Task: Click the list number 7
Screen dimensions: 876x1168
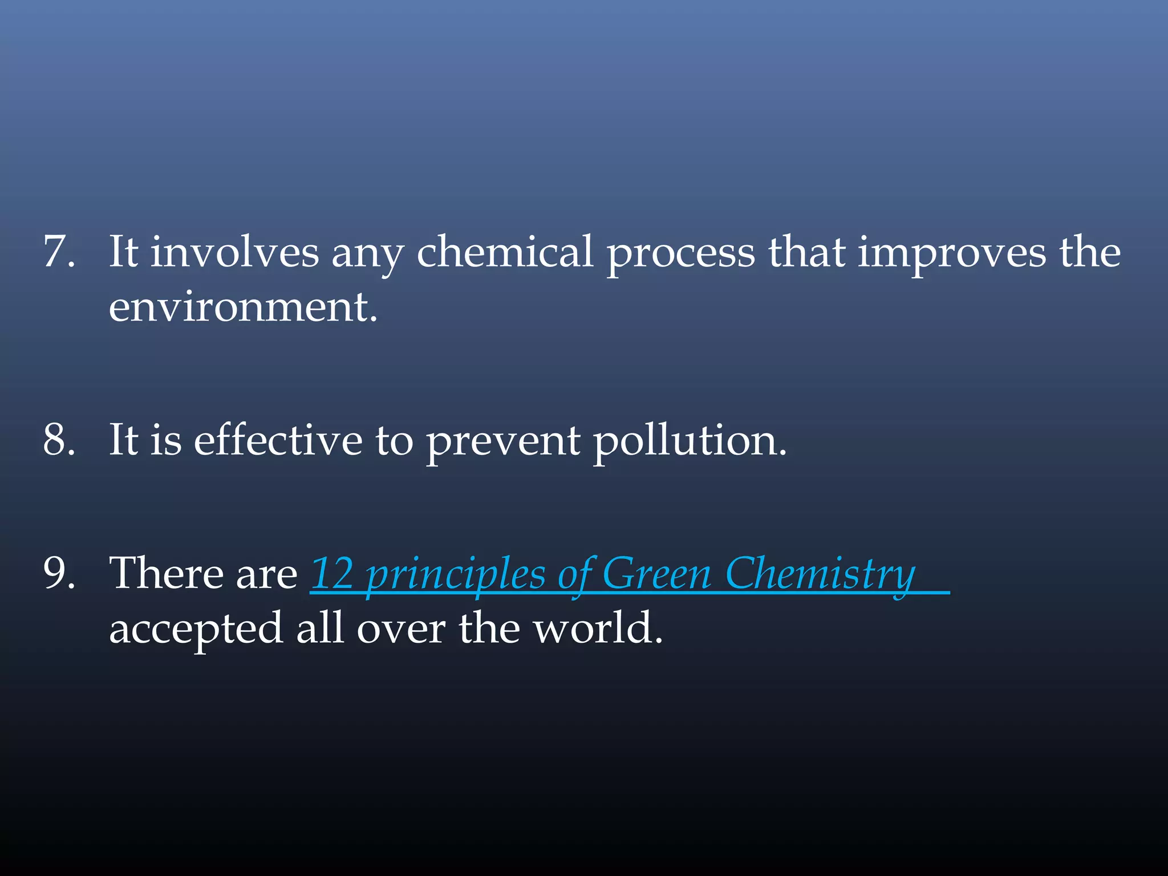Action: point(59,252)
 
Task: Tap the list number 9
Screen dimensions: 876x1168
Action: point(59,573)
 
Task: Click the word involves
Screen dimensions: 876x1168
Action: point(234,252)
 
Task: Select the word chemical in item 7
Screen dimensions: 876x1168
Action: point(505,252)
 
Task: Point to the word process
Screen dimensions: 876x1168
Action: point(680,254)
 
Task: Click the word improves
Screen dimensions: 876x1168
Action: point(952,254)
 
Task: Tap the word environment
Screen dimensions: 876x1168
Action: point(242,307)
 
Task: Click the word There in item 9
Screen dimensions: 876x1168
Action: point(165,573)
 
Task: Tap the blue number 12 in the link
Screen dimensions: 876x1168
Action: point(332,574)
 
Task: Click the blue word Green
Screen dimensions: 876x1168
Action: point(656,574)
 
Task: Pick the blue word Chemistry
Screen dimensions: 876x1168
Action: point(820,575)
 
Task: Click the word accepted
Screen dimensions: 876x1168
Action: point(196,630)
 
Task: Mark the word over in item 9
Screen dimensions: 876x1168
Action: point(401,628)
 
